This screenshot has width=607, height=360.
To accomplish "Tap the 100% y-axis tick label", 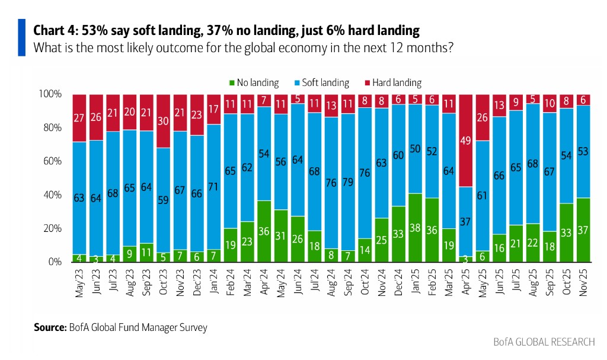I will (50, 94).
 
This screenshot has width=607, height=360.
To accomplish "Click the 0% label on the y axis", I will (54, 262).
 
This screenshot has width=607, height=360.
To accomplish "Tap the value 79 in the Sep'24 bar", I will (349, 181).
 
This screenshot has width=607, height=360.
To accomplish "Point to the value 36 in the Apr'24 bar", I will (265, 231).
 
